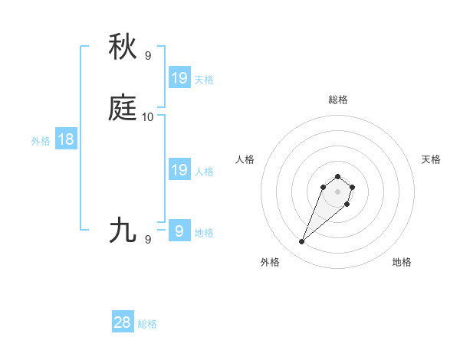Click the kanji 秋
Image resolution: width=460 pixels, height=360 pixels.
(123, 47)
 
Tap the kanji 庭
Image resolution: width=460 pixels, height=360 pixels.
(123, 108)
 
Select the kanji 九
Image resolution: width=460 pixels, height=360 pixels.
(123, 229)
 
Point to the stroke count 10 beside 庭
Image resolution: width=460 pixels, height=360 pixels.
(148, 116)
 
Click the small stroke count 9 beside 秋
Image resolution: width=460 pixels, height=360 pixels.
(148, 55)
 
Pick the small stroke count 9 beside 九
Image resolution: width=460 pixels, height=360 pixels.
(148, 239)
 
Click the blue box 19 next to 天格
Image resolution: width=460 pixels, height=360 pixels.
(179, 77)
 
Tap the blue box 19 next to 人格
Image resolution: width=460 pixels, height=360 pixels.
(179, 170)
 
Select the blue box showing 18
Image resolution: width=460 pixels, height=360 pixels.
(65, 139)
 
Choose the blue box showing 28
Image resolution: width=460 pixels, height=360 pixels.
(123, 322)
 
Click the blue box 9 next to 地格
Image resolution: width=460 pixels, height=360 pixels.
(179, 230)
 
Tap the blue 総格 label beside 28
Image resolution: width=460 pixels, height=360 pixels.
(147, 324)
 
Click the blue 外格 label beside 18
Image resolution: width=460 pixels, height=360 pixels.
(41, 141)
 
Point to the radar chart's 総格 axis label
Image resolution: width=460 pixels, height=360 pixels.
(337, 100)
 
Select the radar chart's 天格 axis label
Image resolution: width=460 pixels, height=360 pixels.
(431, 159)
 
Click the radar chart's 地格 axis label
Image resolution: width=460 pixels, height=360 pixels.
(402, 263)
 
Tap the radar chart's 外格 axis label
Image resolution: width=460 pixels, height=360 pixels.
(269, 263)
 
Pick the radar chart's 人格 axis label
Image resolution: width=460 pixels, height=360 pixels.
(245, 159)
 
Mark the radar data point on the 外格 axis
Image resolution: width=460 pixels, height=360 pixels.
(301, 242)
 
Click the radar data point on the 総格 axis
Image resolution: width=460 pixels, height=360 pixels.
(337, 174)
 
